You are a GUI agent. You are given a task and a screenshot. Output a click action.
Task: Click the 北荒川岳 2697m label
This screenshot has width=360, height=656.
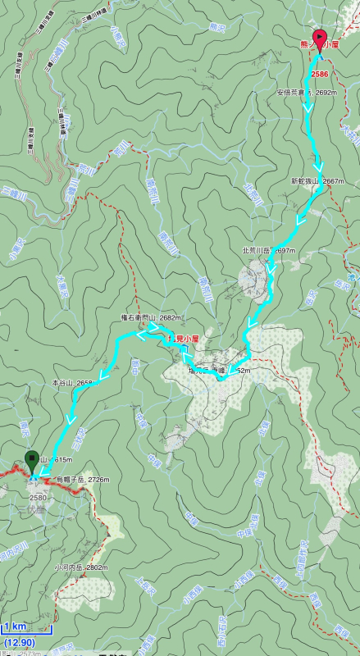[268, 249]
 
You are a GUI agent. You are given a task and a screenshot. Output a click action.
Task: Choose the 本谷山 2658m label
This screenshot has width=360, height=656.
[74, 382]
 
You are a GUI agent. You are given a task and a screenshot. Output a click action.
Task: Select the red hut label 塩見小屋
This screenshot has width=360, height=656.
[185, 339]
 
